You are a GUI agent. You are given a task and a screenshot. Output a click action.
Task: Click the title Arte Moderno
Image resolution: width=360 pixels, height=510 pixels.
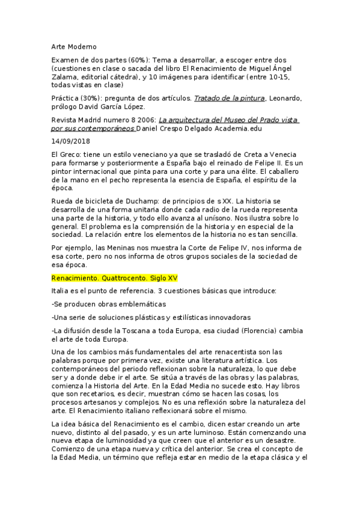[73, 46]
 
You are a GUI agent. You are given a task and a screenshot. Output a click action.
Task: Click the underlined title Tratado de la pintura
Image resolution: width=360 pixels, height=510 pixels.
[229, 98]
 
